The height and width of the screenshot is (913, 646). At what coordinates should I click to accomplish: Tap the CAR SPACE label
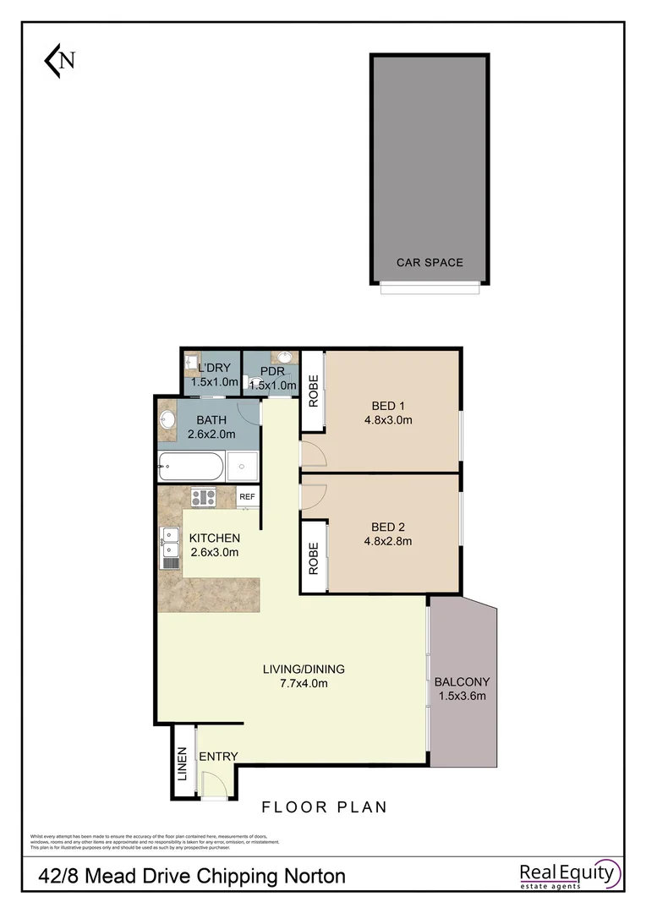430,262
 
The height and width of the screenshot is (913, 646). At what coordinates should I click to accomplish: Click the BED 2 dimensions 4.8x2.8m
388,542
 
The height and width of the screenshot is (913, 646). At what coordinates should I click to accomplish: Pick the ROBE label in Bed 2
313,559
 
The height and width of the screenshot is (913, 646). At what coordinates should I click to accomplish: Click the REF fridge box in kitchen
248,497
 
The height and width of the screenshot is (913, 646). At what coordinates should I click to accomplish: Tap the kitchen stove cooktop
203,497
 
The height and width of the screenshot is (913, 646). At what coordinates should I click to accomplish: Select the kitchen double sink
169,548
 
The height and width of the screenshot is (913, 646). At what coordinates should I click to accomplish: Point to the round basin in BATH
167,420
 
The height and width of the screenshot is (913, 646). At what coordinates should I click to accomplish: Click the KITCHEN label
214,539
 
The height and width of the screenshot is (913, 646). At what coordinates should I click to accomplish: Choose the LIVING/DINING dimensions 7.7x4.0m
303,684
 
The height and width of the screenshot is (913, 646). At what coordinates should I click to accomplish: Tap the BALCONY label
462,681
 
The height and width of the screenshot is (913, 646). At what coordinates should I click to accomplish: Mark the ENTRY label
218,756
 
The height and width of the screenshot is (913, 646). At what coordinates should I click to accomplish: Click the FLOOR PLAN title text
324,807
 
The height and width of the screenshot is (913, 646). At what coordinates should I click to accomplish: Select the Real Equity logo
569,875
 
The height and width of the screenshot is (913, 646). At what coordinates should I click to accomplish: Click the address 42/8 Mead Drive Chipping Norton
192,876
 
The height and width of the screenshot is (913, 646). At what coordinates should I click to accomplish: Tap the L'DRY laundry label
211,368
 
